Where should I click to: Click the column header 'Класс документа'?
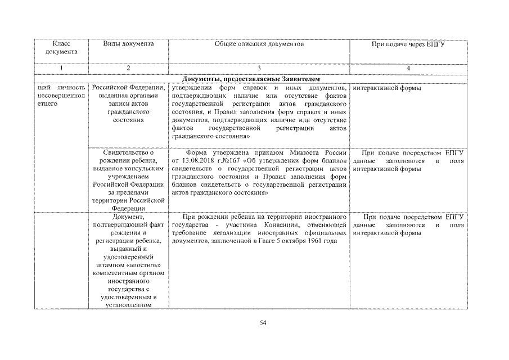click(x=61, y=48)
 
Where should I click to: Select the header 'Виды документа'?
click(x=128, y=44)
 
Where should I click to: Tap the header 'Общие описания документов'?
click(x=259, y=44)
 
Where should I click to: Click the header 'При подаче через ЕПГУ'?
click(x=408, y=44)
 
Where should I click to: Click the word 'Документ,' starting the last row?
click(x=128, y=217)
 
